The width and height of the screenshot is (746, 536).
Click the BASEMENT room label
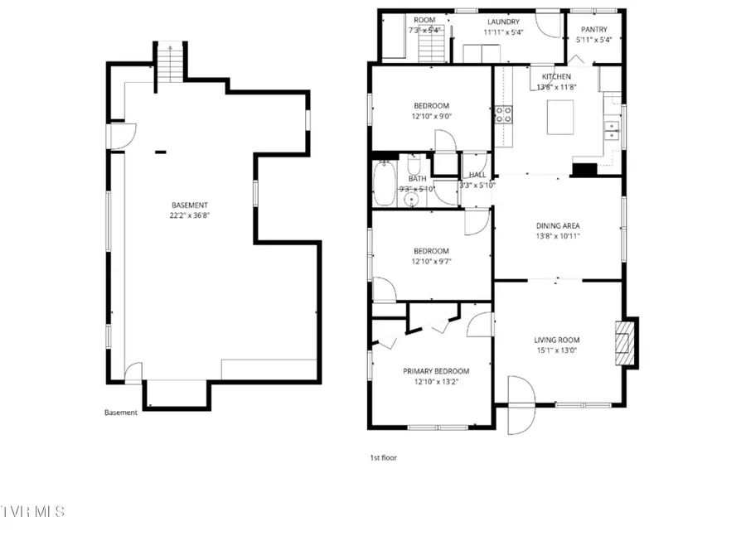pyautogui.click(x=190, y=205)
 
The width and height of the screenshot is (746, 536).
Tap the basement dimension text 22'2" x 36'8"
pyautogui.click(x=190, y=216)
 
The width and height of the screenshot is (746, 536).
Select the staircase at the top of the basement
pyautogui.click(x=169, y=62)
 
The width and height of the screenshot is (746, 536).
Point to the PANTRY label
pyautogui.click(x=593, y=30)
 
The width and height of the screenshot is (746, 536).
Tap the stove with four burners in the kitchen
pyautogui.click(x=503, y=114)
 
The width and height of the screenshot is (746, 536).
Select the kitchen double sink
pyautogui.click(x=613, y=130)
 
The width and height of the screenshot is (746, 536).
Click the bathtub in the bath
pyautogui.click(x=385, y=184)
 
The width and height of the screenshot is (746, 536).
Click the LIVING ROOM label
pyautogui.click(x=556, y=340)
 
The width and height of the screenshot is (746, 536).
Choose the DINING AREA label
pyautogui.click(x=558, y=225)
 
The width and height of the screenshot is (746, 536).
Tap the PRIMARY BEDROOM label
pyautogui.click(x=436, y=371)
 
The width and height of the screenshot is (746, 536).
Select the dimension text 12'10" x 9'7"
pyautogui.click(x=431, y=262)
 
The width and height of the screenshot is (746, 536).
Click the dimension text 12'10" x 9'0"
pyautogui.click(x=431, y=116)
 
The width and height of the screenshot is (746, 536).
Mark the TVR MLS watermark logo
pyautogui.click(x=32, y=511)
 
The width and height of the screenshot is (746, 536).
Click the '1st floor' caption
pyautogui.click(x=383, y=456)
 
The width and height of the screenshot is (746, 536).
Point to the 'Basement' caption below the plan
pyautogui.click(x=121, y=413)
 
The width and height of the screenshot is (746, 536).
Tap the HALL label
pyautogui.click(x=477, y=175)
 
